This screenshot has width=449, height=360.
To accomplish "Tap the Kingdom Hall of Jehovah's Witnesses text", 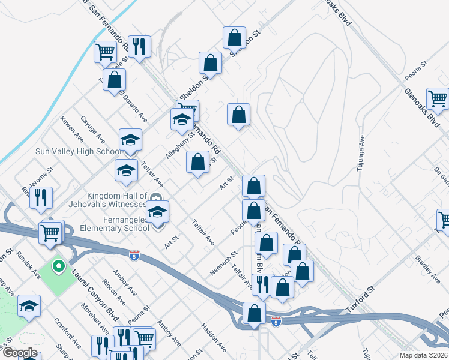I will click(x=117, y=200).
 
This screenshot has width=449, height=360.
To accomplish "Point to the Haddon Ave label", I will click(x=213, y=338).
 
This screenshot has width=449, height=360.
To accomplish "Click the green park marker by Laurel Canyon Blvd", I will click(x=59, y=265).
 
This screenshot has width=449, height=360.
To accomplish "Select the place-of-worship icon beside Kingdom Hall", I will click(x=156, y=197).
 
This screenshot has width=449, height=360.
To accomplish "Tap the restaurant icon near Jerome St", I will click(x=41, y=197).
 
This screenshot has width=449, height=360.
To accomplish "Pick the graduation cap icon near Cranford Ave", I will click(x=29, y=306).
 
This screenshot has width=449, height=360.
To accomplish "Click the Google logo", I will click(x=19, y=353).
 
